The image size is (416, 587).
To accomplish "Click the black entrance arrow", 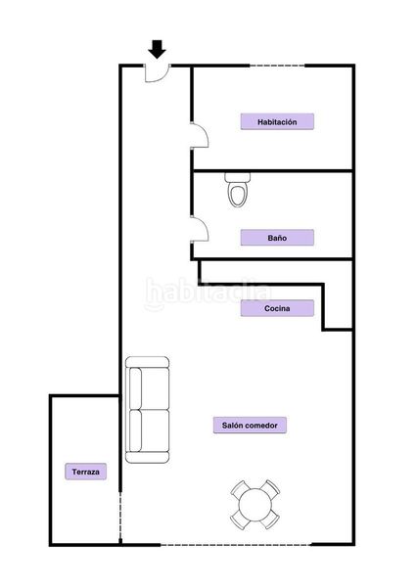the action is [x=157, y=49].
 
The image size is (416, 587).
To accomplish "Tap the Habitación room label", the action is [x=277, y=121].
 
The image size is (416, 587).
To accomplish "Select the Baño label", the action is [x=277, y=238].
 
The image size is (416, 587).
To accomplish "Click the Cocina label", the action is [x=277, y=308].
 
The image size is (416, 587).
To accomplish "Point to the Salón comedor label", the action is [x=250, y=426].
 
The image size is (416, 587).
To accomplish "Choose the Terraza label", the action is [x=86, y=472].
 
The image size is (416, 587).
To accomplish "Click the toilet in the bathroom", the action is [x=238, y=190].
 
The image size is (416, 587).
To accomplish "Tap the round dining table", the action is [x=255, y=504].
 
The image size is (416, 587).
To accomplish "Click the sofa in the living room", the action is [x=147, y=410].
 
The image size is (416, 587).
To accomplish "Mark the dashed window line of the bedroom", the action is [x=277, y=66].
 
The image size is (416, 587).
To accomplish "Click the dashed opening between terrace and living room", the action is [x=120, y=518].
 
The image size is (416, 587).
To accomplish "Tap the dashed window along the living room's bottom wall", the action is [x=236, y=544].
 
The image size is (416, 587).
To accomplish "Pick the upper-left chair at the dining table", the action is [x=241, y=489].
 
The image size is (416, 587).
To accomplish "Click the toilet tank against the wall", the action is [x=238, y=177].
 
